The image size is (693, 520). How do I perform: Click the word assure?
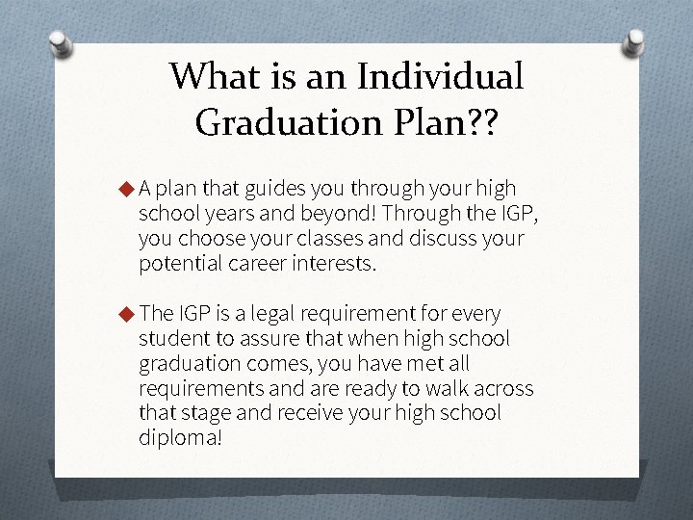[x=256, y=338]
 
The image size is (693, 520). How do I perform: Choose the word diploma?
[x=180, y=438]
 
